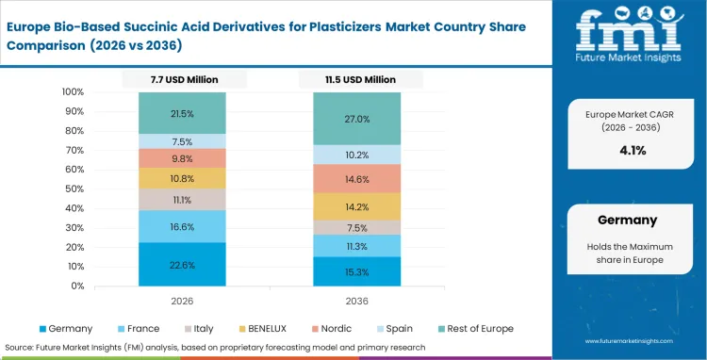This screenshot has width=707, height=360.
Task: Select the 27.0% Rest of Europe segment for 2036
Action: click(x=357, y=119)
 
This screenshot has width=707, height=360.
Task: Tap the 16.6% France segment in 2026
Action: click(x=183, y=226)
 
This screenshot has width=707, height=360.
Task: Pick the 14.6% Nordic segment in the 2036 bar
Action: click(x=357, y=178)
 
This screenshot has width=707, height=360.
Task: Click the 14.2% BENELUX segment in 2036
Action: click(x=357, y=207)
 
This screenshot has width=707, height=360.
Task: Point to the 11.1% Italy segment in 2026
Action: click(x=183, y=200)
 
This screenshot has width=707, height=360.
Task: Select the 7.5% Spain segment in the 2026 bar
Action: click(x=183, y=141)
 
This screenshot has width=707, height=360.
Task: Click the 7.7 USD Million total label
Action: click(x=183, y=80)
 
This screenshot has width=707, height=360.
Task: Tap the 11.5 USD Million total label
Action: click(x=357, y=80)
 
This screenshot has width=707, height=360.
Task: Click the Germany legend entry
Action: click(x=67, y=328)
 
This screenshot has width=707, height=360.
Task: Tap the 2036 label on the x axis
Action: click(x=357, y=303)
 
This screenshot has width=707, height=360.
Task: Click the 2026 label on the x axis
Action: click(x=183, y=303)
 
